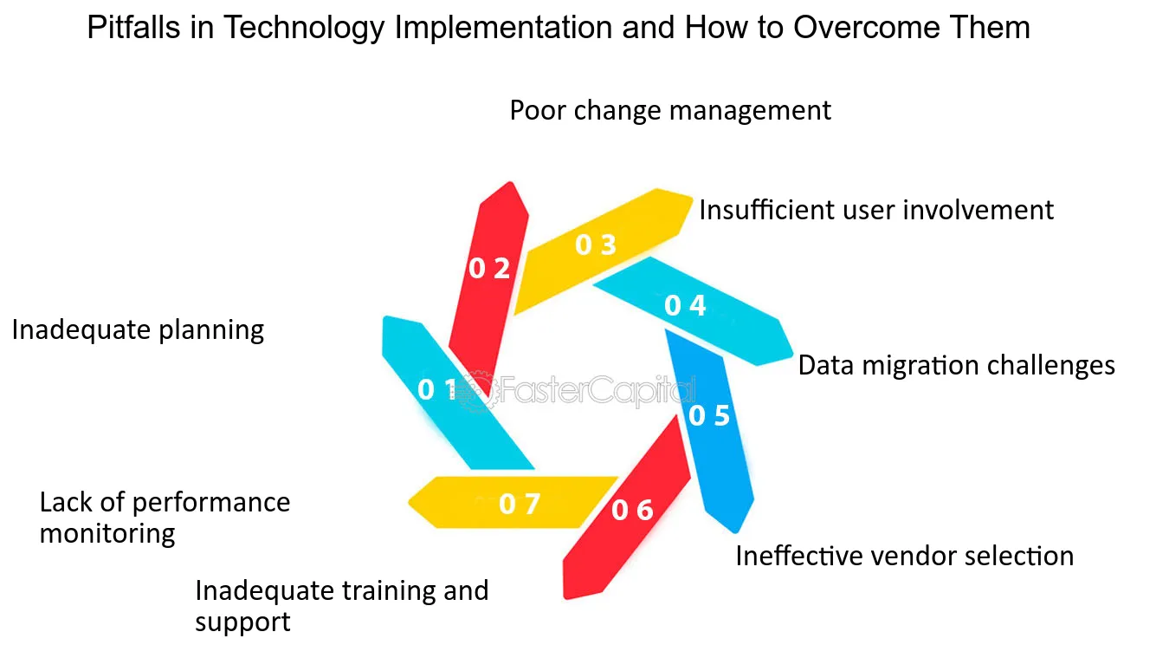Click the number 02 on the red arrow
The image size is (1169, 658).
pos(489,268)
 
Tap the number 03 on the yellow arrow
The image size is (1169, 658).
pos(596,244)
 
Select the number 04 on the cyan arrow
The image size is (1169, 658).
pos(685,305)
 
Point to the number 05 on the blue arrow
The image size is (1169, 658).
pos(709,415)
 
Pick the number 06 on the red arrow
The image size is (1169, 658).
pos(632,510)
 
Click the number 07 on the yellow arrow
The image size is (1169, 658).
pos(520,504)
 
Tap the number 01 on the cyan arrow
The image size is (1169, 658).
pos(437,389)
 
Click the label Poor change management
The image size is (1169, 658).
pos(670,111)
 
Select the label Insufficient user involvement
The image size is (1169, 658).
pos(876,210)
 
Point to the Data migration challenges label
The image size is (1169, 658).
pos(957,365)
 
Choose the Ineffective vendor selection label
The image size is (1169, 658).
pos(904,556)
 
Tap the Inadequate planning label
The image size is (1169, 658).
pos(138,331)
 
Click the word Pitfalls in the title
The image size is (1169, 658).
pos(133,27)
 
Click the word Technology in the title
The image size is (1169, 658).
pos(304,29)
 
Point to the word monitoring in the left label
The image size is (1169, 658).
pos(107,535)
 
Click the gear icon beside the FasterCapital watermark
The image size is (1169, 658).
pos(476,391)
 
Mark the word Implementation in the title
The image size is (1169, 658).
pos(503,29)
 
